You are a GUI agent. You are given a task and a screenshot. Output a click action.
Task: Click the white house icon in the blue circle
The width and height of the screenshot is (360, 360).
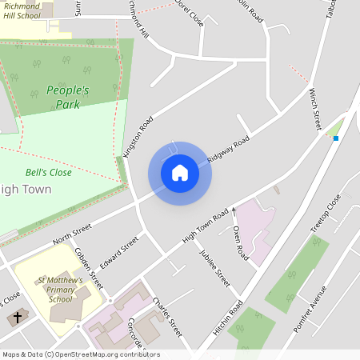(x=180, y=172)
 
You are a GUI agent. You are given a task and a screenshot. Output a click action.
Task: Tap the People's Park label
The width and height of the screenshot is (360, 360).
(x=67, y=98)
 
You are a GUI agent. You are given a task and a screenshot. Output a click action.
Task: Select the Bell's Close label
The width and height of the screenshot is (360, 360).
(x=49, y=172)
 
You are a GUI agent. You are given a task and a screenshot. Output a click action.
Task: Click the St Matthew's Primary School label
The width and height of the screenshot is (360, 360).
(x=60, y=290)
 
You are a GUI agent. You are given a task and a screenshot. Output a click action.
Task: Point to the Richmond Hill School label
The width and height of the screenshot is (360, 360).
(x=22, y=11)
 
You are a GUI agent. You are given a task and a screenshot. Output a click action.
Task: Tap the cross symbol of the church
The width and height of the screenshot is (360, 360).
(x=16, y=318)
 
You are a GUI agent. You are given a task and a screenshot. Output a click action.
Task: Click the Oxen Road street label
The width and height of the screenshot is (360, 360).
(x=241, y=242)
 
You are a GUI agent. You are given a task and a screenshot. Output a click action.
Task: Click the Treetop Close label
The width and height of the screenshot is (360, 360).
(x=325, y=214)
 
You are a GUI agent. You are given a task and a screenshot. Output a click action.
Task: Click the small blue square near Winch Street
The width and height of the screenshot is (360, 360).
(x=336, y=138)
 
